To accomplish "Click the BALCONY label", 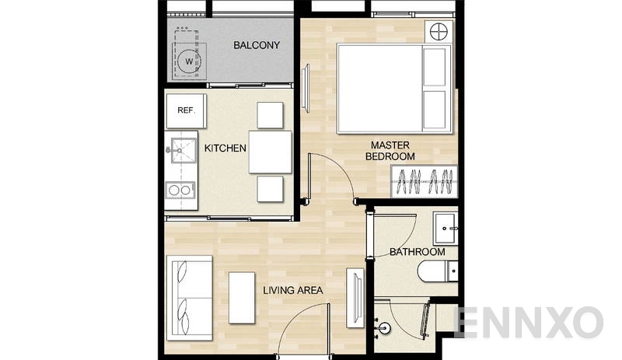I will click(x=257, y=45).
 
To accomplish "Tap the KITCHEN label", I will click(x=225, y=148).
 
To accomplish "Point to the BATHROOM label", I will click(x=418, y=252).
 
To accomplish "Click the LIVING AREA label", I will click(x=293, y=291).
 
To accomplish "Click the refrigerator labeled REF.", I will click(x=186, y=110).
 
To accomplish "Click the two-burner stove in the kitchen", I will click(x=180, y=190).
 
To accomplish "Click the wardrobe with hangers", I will click(x=423, y=183).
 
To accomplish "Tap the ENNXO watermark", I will click(x=529, y=321).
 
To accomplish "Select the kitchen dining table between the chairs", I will click(x=270, y=152).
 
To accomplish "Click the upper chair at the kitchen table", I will click(x=271, y=115).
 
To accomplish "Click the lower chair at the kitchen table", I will click(x=271, y=188).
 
